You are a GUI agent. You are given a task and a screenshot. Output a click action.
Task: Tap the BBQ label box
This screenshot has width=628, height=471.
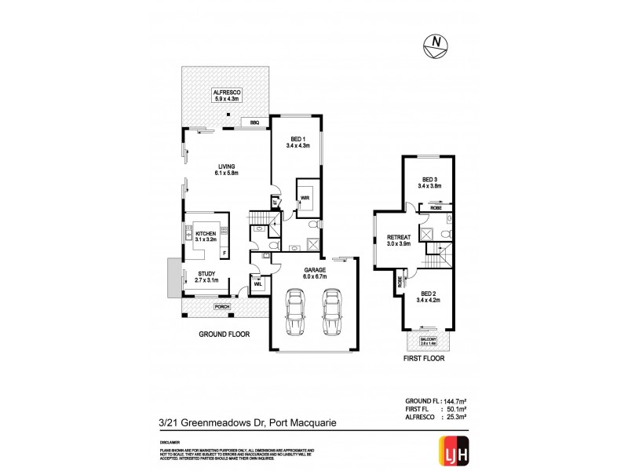click(x=254, y=122)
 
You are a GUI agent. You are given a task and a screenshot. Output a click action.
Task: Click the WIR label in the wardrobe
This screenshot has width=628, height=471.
click(x=303, y=198)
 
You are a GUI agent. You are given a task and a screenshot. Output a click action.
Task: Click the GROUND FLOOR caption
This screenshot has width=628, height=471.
click(x=224, y=334)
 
